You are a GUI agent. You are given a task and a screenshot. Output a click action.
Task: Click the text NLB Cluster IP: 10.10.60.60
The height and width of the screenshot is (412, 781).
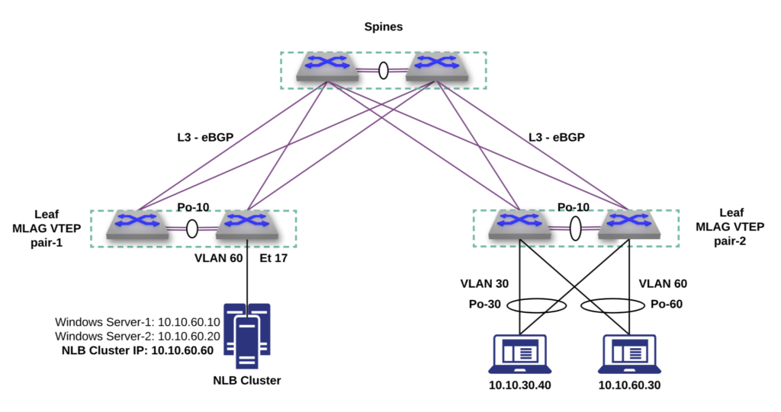[x=137, y=350]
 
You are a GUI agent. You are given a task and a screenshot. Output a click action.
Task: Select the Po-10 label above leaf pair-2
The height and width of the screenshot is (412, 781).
[x=574, y=207]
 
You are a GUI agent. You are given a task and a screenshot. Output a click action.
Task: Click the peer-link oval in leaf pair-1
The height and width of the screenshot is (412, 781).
[x=192, y=228]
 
